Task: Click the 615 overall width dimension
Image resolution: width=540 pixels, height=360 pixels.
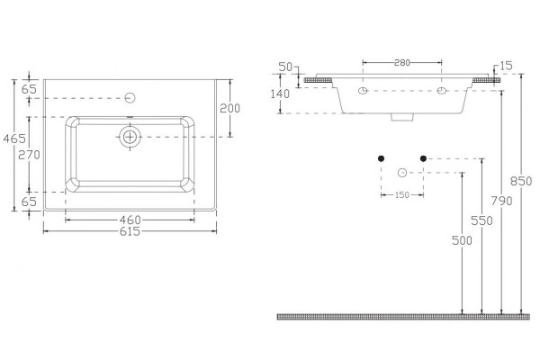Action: [x=130, y=231]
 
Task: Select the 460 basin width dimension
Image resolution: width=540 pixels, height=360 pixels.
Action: [x=130, y=220]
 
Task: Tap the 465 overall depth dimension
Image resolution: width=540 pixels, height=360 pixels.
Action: [x=14, y=139]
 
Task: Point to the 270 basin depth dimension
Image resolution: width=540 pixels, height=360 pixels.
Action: [x=29, y=155]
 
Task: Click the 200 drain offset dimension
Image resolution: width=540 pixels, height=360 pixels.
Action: [x=230, y=108]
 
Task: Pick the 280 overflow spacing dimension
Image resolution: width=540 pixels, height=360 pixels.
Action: [x=402, y=63]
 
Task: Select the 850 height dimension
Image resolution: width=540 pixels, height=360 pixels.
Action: [x=521, y=181]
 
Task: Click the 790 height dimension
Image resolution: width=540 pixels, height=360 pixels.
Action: [x=501, y=201]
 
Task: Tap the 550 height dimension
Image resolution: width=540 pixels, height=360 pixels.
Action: [x=481, y=220]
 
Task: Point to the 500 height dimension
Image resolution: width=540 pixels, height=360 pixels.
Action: [x=462, y=240]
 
